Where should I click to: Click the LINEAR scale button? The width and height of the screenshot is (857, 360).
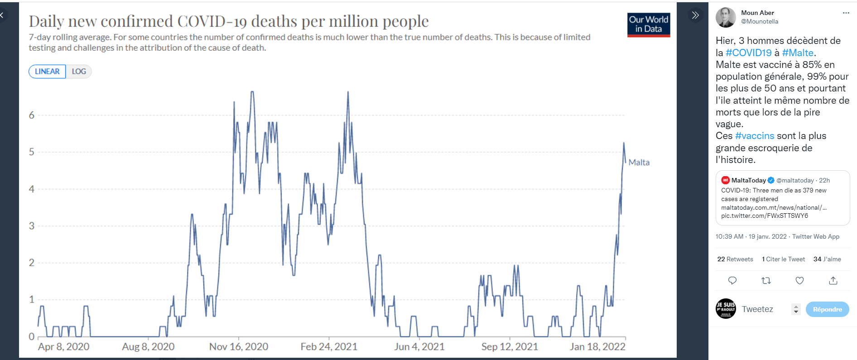[x=47, y=72]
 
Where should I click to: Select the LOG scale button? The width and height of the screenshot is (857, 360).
[x=79, y=72]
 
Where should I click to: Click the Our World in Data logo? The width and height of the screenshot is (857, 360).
[x=649, y=24]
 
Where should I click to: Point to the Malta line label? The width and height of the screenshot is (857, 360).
[x=639, y=163]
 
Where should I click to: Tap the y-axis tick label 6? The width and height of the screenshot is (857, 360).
[x=32, y=115]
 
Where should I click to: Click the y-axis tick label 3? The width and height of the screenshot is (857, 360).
[x=32, y=226]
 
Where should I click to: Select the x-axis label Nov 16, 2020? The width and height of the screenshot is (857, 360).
[x=239, y=347]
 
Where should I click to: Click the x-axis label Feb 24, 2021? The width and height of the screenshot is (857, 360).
[x=329, y=347]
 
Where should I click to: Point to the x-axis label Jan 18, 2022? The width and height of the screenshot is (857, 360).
[x=597, y=347]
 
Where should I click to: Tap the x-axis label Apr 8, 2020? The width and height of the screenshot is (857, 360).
[x=64, y=347]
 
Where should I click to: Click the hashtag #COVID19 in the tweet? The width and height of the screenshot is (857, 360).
[x=748, y=53]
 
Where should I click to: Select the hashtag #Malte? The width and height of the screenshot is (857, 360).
[x=798, y=53]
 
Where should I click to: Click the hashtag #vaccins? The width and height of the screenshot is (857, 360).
[x=755, y=136]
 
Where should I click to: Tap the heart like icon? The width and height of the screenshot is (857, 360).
[x=799, y=281]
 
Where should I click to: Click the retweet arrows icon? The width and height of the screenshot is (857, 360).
[x=766, y=281]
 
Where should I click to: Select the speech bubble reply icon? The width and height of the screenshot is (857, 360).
[x=732, y=281]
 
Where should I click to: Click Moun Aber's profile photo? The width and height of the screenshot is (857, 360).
[x=726, y=17]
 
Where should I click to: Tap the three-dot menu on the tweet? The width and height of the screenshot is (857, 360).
[x=846, y=13]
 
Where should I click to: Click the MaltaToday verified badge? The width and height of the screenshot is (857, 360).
[x=771, y=180]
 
